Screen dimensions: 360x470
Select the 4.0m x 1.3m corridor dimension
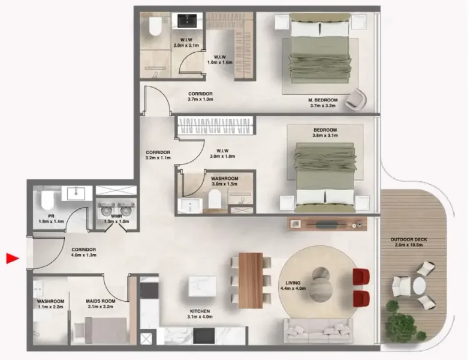pos(83,256)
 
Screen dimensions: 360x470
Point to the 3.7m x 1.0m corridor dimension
pos(200,100)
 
